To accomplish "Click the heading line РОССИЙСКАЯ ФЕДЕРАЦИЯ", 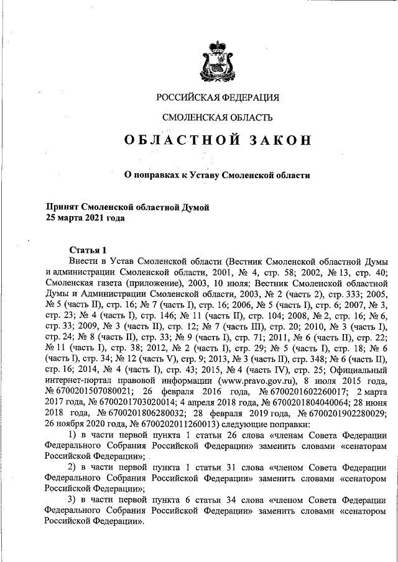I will point(218,98).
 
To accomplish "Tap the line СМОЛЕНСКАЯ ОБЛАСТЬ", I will point(217,117).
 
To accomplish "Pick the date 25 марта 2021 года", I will point(85,218).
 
